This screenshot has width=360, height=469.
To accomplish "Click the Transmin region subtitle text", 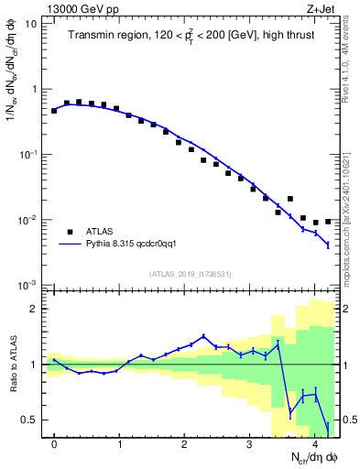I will (x=191, y=37).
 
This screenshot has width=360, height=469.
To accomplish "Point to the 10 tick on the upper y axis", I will (x=31, y=25).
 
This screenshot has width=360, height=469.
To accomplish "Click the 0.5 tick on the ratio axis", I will (x=30, y=420).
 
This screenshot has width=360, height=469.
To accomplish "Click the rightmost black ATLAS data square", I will (x=328, y=222).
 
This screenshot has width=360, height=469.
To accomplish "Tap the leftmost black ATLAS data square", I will (x=55, y=110).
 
